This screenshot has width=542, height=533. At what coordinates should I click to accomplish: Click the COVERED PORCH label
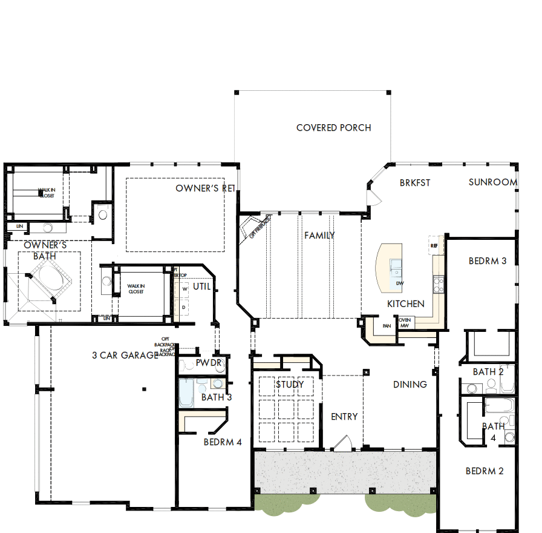[x=333, y=128]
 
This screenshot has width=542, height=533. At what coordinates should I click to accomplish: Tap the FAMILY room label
[x=319, y=235]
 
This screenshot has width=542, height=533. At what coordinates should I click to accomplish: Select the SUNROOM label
[x=492, y=182]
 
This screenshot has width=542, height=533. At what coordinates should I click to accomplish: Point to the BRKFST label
[x=415, y=182]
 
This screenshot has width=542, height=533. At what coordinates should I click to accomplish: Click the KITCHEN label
[x=406, y=303]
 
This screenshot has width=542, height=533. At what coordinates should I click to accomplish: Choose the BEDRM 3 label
[x=488, y=261]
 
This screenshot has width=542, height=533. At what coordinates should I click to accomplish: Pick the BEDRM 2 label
[x=485, y=471]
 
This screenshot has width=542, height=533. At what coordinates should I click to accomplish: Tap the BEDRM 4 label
[x=223, y=442]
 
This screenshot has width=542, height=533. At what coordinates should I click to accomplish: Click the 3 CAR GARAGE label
[x=125, y=356]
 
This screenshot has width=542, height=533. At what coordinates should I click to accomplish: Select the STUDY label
[x=290, y=384]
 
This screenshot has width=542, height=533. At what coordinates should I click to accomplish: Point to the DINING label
[x=410, y=384]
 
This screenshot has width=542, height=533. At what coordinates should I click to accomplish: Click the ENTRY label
[x=344, y=417]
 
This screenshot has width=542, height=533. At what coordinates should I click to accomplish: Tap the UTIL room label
[x=202, y=286]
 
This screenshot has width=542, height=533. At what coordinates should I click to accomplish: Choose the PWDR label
[x=209, y=363]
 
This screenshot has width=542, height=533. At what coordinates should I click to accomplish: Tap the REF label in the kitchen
[x=434, y=247]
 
